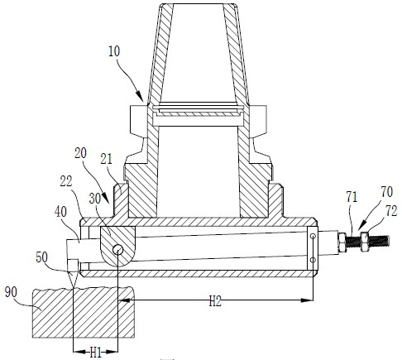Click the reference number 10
pos(114,51)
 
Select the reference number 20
pos(80,153)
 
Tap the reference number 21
pos(107,159)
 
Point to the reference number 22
pos(66,181)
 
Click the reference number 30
pos(95,199)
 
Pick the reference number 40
pos(60,212)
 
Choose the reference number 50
pos(41,257)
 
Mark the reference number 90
pos(11,292)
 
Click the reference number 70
pos(386,192)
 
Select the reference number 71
pos(352,198)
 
